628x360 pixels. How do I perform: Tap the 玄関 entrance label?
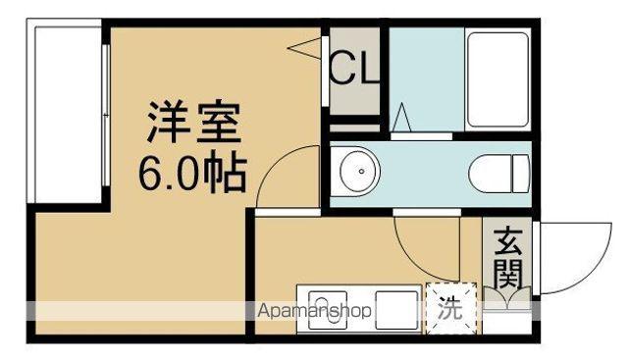tap(507, 257)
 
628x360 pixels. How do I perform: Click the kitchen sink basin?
tap(321, 311)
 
